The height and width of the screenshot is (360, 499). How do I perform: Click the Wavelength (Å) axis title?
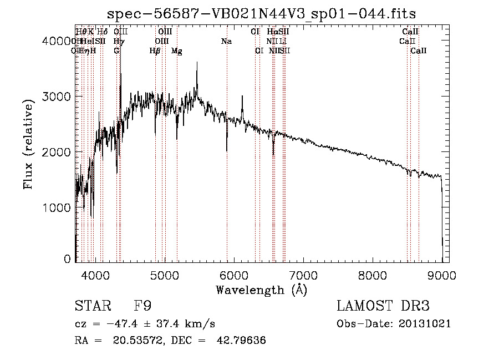pyautogui.click(x=261, y=290)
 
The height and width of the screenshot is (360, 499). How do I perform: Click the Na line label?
pyautogui.click(x=226, y=41)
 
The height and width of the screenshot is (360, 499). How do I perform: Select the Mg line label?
pyautogui.click(x=176, y=51)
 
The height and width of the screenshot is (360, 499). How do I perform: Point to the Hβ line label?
pyautogui.click(x=155, y=51)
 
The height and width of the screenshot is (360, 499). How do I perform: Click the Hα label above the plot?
pyautogui.click(x=272, y=32)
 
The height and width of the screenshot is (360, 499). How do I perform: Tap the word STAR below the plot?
pyautogui.click(x=91, y=306)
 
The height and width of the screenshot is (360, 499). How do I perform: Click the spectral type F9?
pyautogui.click(x=142, y=306)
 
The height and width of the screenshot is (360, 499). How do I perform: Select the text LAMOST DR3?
pyautogui.click(x=383, y=306)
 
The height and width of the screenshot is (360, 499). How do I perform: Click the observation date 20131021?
pyautogui.click(x=426, y=323)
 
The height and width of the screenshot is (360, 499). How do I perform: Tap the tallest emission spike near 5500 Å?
pyautogui.click(x=197, y=63)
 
